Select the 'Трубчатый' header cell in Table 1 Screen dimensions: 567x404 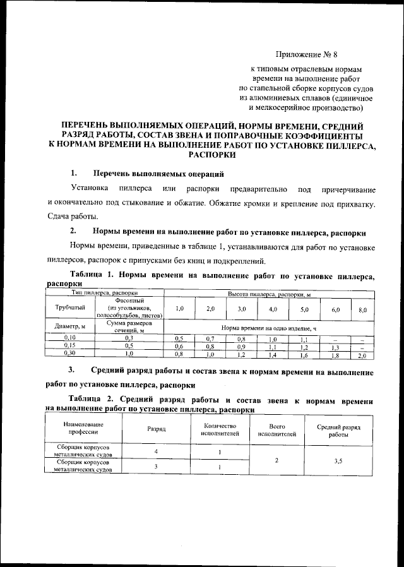70,309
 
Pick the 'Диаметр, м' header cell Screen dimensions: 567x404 70,327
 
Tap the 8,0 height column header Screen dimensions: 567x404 362,309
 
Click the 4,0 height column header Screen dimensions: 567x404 273,309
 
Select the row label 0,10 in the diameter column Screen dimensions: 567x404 70,338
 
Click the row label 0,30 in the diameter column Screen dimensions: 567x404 70,355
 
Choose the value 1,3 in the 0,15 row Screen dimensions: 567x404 335,347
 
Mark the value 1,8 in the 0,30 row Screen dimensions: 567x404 335,355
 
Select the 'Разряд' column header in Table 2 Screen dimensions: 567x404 157,428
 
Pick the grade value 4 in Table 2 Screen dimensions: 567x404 156,452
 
